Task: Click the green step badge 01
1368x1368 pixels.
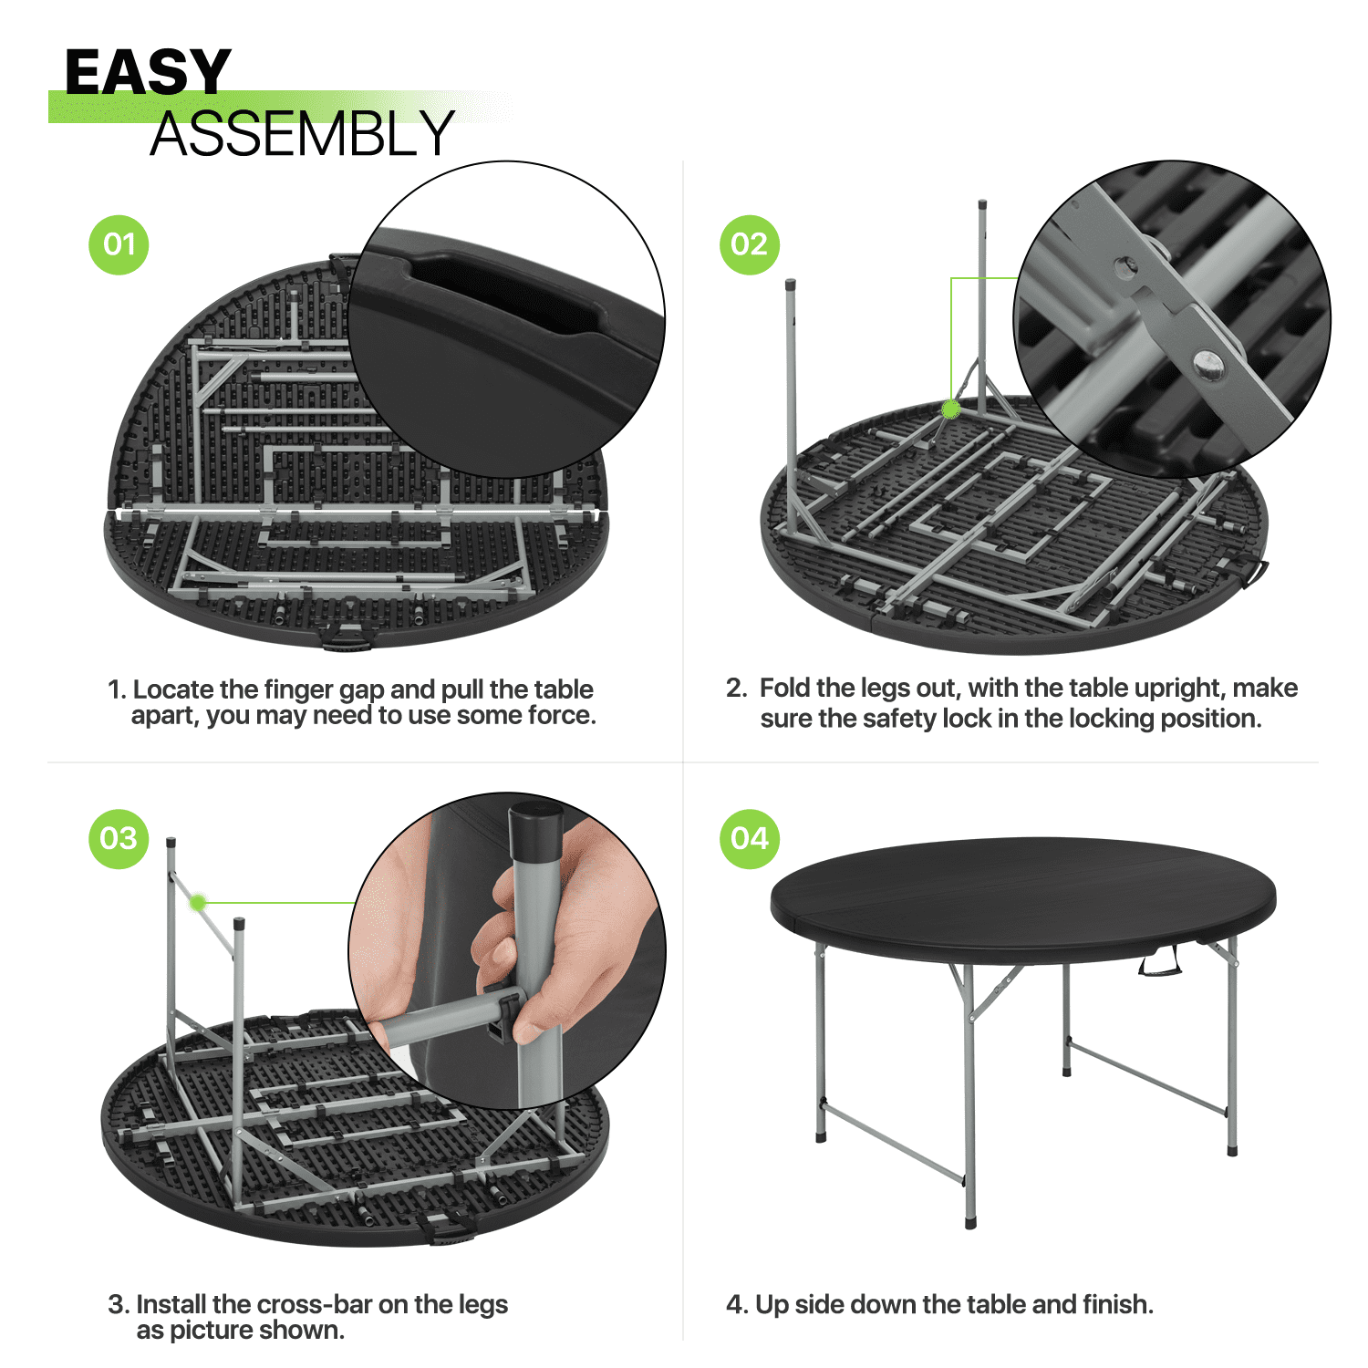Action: (119, 244)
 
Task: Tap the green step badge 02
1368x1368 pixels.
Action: (750, 244)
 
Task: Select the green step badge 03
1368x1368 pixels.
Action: (119, 839)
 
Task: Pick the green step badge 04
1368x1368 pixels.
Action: (750, 839)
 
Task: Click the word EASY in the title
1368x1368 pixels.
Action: (148, 72)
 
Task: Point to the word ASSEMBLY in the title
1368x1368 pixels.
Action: (302, 134)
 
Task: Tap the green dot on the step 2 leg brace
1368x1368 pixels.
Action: (950, 409)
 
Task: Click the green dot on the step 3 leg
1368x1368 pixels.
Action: (197, 903)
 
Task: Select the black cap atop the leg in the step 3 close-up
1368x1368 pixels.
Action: (535, 830)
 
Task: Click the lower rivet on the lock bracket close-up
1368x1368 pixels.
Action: (1208, 364)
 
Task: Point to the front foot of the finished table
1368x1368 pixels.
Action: (971, 1221)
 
